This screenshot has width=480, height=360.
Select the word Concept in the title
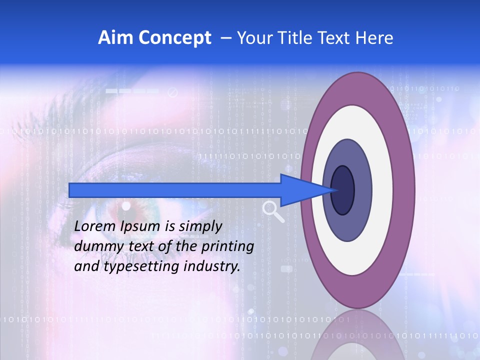pos(174,38)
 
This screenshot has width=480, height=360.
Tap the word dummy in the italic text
pos(95,246)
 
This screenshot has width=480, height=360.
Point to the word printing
pos(227,246)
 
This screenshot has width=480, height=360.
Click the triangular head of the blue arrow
pos(305,190)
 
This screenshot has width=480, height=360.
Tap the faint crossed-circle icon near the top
pos(173,92)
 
